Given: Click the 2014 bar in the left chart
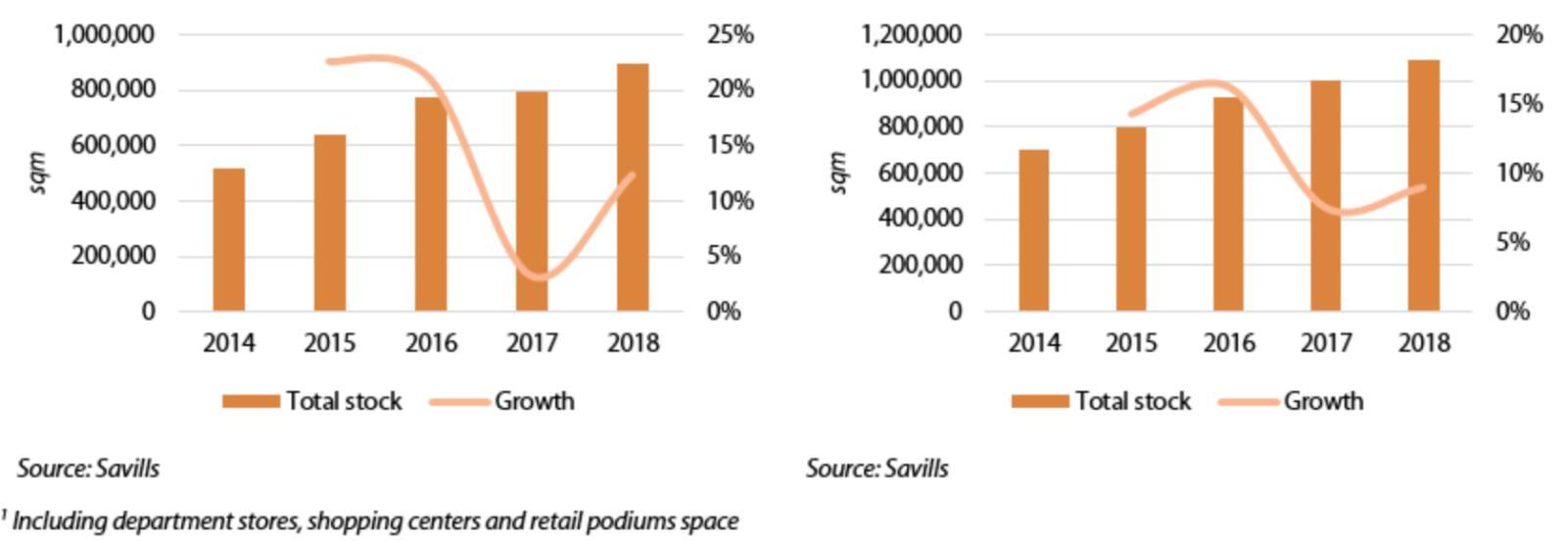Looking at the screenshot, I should (228, 239).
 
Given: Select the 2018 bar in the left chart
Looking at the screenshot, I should (633, 187).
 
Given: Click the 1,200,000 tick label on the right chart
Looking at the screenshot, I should (910, 35).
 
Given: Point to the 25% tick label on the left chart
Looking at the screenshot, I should (730, 35).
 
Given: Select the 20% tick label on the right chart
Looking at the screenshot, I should (1518, 35).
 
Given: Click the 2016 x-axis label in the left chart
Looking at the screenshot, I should (431, 343).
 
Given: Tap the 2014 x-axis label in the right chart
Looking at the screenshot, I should (1033, 343).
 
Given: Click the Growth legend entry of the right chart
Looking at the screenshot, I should (1322, 401).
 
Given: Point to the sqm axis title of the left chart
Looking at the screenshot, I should (38, 173).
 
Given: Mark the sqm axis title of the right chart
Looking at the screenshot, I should (837, 173).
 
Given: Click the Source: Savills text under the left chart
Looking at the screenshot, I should (88, 469).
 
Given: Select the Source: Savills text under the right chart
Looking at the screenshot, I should (878, 469).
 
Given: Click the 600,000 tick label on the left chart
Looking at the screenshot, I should (107, 145).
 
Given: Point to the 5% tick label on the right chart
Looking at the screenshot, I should (1512, 242).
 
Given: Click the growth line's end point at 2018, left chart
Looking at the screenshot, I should (632, 175).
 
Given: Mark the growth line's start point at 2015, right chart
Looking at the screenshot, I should (1131, 115).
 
